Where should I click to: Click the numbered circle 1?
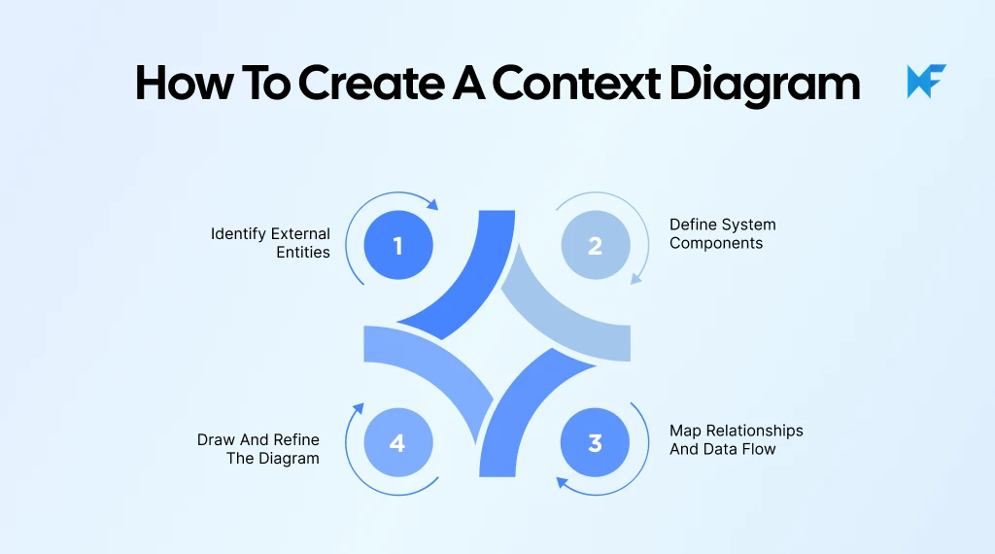tap(397, 245)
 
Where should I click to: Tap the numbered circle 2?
tap(595, 245)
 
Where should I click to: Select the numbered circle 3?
tap(595, 443)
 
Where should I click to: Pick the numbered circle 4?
tap(397, 443)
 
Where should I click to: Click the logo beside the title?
tap(926, 82)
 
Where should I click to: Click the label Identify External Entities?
tap(271, 243)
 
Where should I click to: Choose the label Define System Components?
tap(722, 234)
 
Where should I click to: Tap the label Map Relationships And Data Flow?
tap(736, 439)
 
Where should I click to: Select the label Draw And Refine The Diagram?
tap(258, 449)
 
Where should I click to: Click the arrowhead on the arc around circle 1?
tap(433, 204)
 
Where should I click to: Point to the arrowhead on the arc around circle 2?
tap(636, 279)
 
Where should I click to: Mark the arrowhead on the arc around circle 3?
tap(560, 479)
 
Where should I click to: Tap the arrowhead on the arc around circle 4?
tap(359, 408)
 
